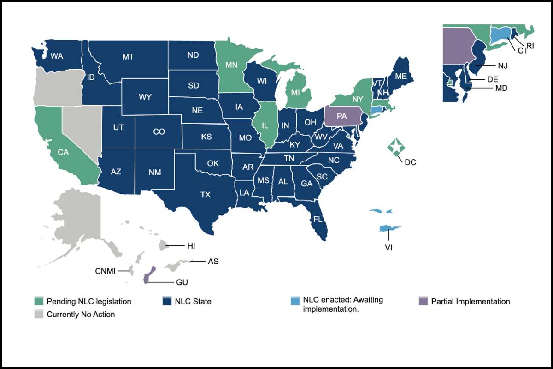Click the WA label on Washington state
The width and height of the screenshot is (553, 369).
[x=57, y=56]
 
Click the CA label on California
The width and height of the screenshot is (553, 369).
[x=63, y=152]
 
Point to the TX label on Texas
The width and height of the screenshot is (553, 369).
[x=205, y=195]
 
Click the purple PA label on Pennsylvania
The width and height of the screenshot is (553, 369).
[x=341, y=116]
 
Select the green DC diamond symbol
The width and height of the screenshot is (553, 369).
[x=395, y=147]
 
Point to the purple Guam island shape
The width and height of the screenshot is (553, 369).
[x=147, y=277]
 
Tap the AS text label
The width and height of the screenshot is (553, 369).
[x=213, y=262]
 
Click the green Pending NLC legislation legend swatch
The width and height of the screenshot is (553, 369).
[x=39, y=302]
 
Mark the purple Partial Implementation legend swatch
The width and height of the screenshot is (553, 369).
[x=423, y=302]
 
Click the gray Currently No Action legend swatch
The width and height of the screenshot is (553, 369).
[x=39, y=315]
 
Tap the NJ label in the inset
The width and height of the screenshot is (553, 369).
[x=502, y=66]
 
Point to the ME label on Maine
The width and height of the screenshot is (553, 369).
[x=400, y=77]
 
